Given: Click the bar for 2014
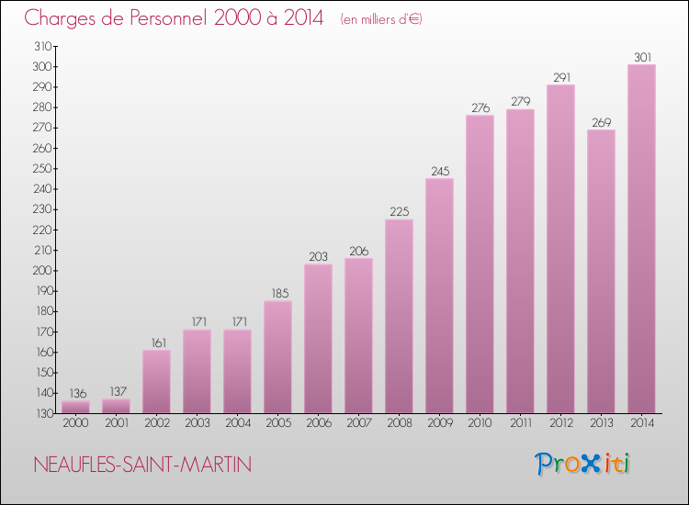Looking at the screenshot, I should (641, 239).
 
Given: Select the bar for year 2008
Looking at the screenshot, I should (399, 316).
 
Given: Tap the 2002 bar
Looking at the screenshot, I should (156, 381).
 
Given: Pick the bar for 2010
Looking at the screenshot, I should (480, 264).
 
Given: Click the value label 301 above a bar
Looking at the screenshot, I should (641, 58).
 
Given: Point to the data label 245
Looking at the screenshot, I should (439, 172).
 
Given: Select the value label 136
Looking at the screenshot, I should (75, 393).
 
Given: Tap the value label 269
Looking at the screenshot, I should (601, 123).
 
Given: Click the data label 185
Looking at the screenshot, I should (277, 294).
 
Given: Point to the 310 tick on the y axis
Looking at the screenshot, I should (42, 46).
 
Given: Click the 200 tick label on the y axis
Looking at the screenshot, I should (42, 271).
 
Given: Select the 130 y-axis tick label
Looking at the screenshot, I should (42, 413).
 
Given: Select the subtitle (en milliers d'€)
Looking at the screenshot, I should (381, 19).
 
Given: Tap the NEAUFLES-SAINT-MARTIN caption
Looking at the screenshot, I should (141, 465).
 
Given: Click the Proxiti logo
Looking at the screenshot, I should (582, 464).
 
